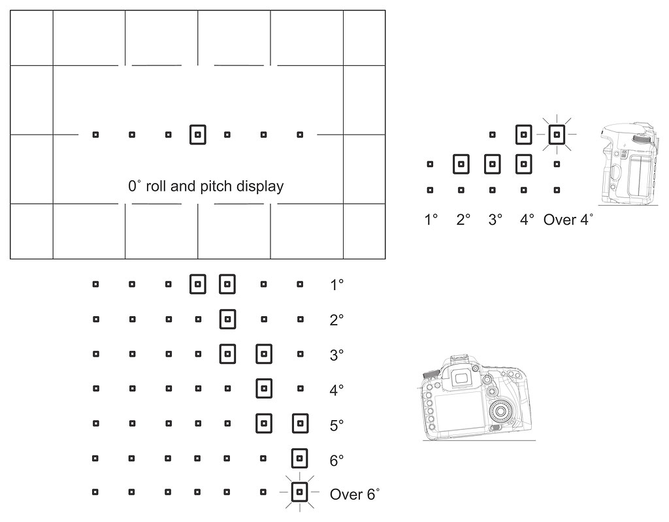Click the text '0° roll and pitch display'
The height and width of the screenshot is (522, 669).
click(x=206, y=186)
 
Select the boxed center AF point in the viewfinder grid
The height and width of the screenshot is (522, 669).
click(x=197, y=135)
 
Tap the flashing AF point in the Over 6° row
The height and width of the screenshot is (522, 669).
click(x=299, y=491)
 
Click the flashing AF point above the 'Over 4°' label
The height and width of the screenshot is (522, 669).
click(x=556, y=135)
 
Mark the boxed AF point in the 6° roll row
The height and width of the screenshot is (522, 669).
click(x=299, y=459)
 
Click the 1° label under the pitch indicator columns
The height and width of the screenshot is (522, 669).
click(x=431, y=220)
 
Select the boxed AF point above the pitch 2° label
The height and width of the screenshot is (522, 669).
click(x=461, y=163)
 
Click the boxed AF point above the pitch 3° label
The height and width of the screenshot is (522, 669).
click(x=492, y=163)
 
